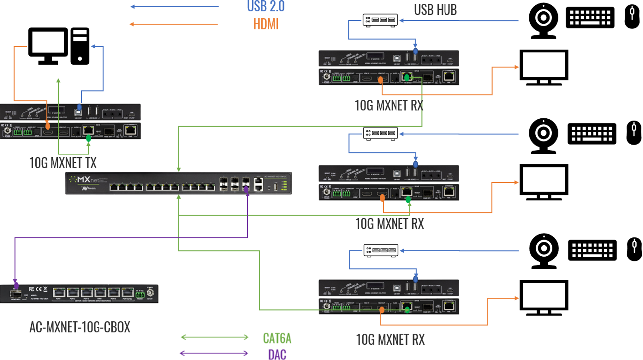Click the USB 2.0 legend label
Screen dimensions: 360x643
[266, 6]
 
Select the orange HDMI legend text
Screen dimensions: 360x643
[266, 24]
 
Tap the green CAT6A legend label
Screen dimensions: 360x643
[277, 338]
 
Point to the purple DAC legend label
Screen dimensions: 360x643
[277, 354]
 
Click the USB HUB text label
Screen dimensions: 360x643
[435, 9]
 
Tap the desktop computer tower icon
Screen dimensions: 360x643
[80, 46]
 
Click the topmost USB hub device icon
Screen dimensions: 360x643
[380, 20]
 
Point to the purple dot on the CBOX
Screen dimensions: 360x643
[16, 286]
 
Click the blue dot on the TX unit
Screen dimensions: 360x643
[80, 107]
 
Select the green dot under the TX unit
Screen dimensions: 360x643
[88, 139]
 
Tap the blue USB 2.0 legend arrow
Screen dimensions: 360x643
[174, 7]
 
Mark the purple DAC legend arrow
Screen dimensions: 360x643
[214, 353]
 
